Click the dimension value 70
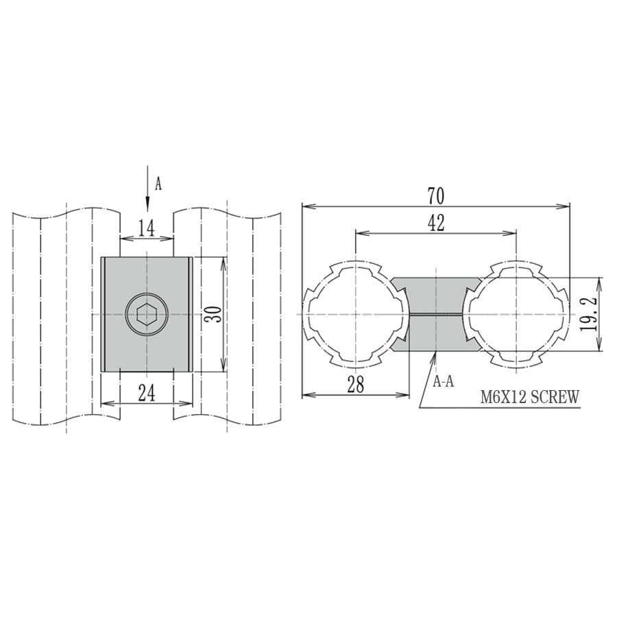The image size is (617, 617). click(x=436, y=196)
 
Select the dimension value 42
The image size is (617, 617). click(x=436, y=223)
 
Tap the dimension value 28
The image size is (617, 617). click(x=355, y=385)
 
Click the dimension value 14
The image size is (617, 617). click(x=146, y=228)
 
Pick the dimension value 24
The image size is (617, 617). click(x=146, y=393)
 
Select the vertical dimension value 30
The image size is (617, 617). click(x=213, y=315)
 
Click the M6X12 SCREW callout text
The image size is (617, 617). click(x=530, y=396)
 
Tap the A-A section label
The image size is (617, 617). click(x=444, y=382)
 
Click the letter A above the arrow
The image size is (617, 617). click(x=158, y=184)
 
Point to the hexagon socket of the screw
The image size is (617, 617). click(x=147, y=316)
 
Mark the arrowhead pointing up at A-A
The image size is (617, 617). click(x=436, y=357)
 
